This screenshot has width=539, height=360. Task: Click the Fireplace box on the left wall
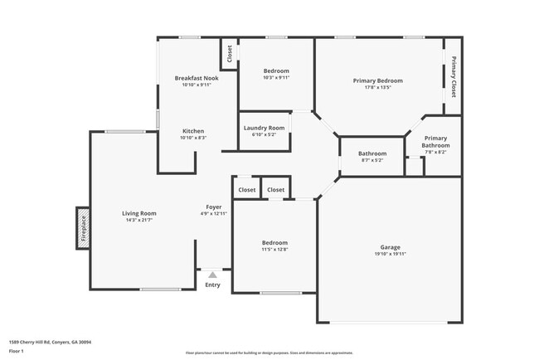coord(83,227)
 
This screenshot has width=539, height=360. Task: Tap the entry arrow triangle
coord(213,275)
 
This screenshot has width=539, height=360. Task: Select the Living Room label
coord(139,213)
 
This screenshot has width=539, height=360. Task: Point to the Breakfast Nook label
coord(196,78)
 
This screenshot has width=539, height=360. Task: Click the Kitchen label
coord(193,131)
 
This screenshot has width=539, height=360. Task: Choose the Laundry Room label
coord(264,128)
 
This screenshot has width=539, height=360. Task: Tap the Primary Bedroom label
coord(377,80)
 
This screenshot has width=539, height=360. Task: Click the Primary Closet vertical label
coord(454,78)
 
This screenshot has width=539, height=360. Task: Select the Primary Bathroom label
coord(435,142)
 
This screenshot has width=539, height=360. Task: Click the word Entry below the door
coord(213,286)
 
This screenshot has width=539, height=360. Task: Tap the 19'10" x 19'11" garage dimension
coord(390,253)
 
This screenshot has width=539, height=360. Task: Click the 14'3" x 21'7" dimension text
coord(139,221)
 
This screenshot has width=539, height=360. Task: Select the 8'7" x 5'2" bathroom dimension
coord(372,160)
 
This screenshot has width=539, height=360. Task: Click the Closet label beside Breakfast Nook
coord(229,54)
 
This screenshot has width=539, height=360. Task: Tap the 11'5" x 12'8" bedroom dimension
coord(275,250)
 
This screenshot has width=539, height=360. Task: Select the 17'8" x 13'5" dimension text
coord(377,87)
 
